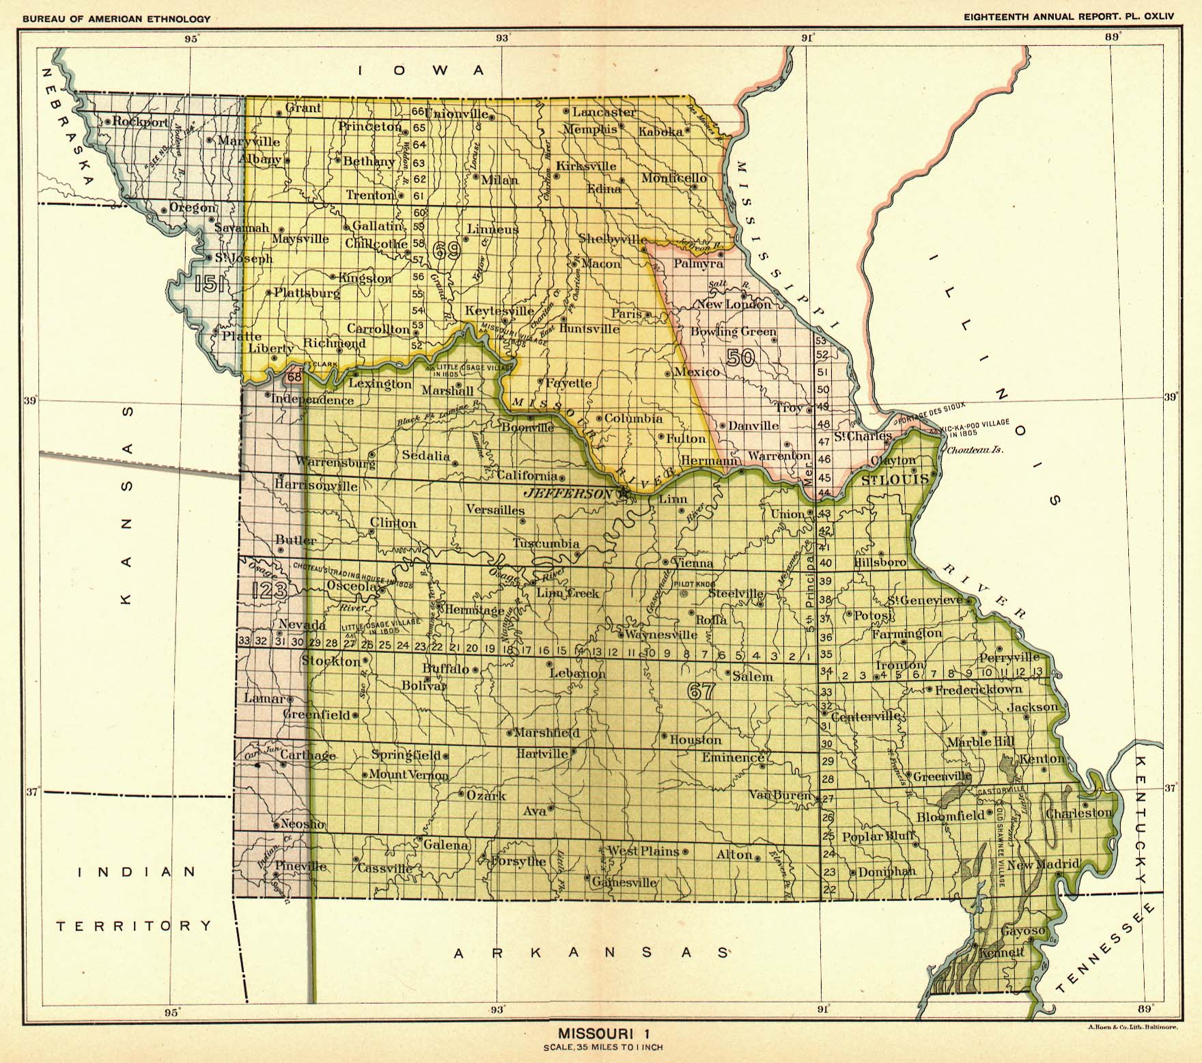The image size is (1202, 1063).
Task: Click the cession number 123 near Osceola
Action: click(268, 590)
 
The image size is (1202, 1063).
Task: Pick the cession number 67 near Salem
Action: click(701, 691)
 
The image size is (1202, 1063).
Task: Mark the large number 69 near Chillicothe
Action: click(445, 252)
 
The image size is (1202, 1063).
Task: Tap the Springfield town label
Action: click(406, 755)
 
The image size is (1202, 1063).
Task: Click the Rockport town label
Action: click(140, 122)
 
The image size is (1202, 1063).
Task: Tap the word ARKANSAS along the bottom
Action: click(591, 952)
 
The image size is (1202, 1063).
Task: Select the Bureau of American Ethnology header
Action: click(116, 19)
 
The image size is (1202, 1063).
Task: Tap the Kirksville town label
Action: click(586, 166)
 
